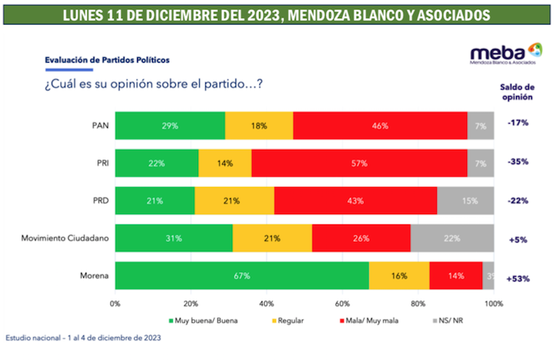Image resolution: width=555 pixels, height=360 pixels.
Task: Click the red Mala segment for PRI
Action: coord(359,163)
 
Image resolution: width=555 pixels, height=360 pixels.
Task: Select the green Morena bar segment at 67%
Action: coord(243,276)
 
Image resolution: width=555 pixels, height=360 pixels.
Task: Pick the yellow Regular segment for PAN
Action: coord(258,125)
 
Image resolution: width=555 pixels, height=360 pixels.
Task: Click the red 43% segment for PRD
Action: coord(355,201)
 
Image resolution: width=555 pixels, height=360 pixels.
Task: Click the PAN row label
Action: coord(100,125)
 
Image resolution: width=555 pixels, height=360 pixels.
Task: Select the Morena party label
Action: coord(94,276)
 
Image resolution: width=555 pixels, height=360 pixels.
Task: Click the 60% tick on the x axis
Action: coord(343,304)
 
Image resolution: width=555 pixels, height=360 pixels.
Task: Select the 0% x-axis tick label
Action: coord(116,304)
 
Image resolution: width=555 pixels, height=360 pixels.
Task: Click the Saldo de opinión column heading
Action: coord(517,93)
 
